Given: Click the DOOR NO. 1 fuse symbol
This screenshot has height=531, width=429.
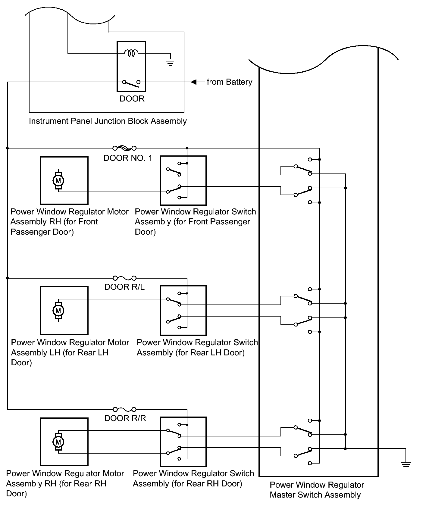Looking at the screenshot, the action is pyautogui.click(x=124, y=148).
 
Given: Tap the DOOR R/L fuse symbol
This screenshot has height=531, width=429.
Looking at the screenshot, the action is pyautogui.click(x=124, y=278).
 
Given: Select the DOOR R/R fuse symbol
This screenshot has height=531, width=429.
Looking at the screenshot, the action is pyautogui.click(x=124, y=409).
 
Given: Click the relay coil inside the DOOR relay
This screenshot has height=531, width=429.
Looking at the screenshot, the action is pyautogui.click(x=131, y=53).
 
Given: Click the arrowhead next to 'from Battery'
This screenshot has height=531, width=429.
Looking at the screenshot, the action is pyautogui.click(x=194, y=82).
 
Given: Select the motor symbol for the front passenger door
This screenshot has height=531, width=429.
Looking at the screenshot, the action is pyautogui.click(x=58, y=181).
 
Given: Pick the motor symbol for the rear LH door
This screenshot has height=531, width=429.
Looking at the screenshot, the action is pyautogui.click(x=58, y=311).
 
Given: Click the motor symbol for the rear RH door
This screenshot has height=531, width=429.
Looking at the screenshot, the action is pyautogui.click(x=58, y=442).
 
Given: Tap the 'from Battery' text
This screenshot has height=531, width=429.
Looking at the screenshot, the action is pyautogui.click(x=229, y=82).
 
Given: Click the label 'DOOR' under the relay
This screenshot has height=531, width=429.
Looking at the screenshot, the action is pyautogui.click(x=132, y=99).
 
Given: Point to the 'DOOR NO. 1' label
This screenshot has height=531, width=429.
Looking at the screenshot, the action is pyautogui.click(x=128, y=158).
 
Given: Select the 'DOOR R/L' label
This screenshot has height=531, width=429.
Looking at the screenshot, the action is pyautogui.click(x=124, y=287).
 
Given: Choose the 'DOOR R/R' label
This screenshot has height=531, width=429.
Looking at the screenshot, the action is pyautogui.click(x=125, y=418).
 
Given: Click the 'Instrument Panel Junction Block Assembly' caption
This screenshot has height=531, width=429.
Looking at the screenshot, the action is pyautogui.click(x=108, y=121).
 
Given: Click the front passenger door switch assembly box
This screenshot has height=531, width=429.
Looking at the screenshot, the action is pyautogui.click(x=183, y=180).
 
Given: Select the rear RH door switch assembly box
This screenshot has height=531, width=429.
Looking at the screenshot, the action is pyautogui.click(x=183, y=442).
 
